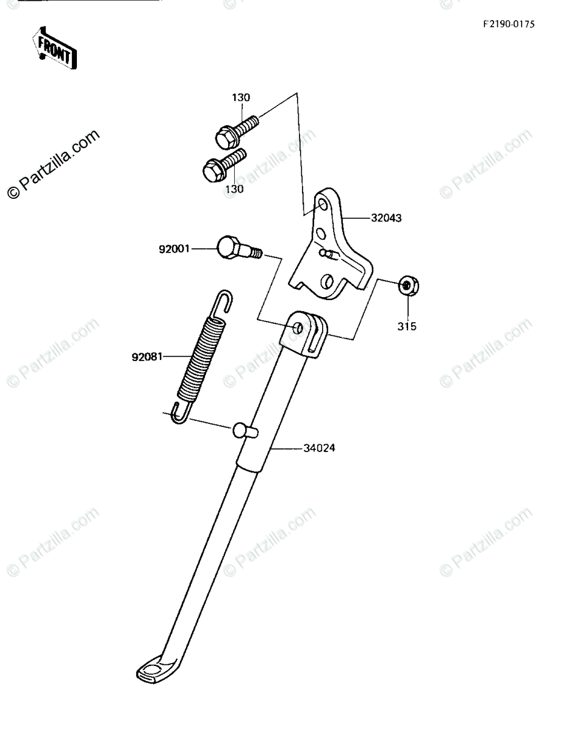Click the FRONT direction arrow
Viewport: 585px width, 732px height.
(54, 48)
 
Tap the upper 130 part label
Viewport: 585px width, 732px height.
(240, 98)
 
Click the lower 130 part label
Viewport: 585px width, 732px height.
(234, 189)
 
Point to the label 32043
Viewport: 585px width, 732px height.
(387, 218)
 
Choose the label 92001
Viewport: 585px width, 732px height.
(174, 249)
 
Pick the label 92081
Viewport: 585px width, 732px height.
(146, 357)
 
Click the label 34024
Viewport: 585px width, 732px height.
(320, 448)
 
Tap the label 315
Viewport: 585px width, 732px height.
(407, 326)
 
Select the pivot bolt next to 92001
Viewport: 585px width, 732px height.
(238, 248)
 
